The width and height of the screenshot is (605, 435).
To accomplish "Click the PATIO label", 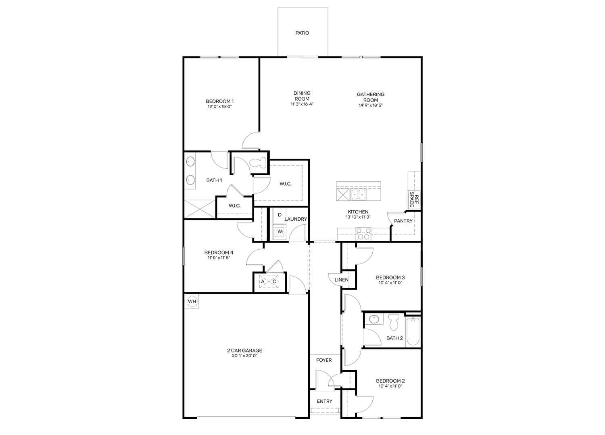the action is tap(302, 33).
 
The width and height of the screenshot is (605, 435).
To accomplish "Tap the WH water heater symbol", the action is tap(192, 301).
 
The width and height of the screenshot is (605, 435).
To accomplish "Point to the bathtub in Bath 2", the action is tap(413, 331).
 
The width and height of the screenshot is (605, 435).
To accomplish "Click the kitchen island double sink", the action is tap(358, 194).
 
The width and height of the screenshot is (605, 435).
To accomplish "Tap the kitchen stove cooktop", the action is tap(363, 234).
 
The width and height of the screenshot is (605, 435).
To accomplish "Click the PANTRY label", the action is tap(403, 221).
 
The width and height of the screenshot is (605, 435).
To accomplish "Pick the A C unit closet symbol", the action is tap(269, 282).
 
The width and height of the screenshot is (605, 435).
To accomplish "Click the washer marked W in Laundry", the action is tap(280, 231).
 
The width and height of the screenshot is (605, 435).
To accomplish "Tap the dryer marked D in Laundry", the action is tap(280, 215).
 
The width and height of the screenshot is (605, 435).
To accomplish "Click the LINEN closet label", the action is tap(341, 280).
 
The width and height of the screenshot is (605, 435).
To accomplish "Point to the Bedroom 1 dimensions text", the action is tap(219, 106).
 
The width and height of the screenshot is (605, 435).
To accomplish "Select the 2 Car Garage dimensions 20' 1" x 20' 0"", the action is tap(244, 356).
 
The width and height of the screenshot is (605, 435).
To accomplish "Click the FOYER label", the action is tap(324, 360).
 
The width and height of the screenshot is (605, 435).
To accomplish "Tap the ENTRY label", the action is tap(324, 401).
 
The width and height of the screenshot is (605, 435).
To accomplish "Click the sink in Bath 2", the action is tap(374, 319).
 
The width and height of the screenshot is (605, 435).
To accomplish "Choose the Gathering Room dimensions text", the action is tap(371, 105).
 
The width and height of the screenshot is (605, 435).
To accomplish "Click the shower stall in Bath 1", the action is tap(200, 209).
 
